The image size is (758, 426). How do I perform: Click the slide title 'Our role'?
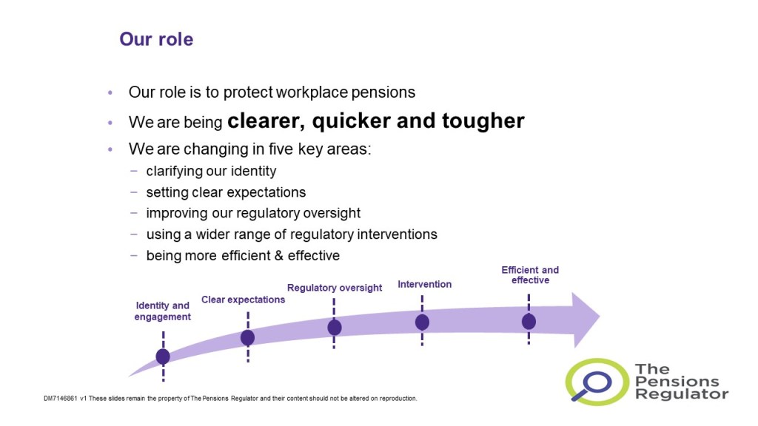coord(156,39)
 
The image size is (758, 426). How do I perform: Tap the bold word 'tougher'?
coord(483,121)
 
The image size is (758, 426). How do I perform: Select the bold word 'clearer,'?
coord(266,121)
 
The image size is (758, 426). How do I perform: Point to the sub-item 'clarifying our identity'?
coord(211,171)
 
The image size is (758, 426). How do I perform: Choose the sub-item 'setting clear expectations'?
coord(226,192)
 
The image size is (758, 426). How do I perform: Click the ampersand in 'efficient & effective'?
coord(278,255)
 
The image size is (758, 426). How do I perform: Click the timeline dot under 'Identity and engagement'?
coord(163,356)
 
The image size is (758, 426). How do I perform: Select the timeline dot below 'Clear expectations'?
coord(247,337)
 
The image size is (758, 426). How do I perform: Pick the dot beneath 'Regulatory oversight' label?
coord(334,328)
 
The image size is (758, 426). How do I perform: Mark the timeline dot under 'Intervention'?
coord(422,322)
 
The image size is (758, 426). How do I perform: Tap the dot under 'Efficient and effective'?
coord(529,321)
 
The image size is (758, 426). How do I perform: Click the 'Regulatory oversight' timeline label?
coord(335,288)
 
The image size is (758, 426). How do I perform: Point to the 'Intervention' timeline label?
coord(424,285)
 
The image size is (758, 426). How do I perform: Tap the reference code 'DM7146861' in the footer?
coord(61,399)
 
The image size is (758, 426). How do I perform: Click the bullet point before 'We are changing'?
coord(110,149)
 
